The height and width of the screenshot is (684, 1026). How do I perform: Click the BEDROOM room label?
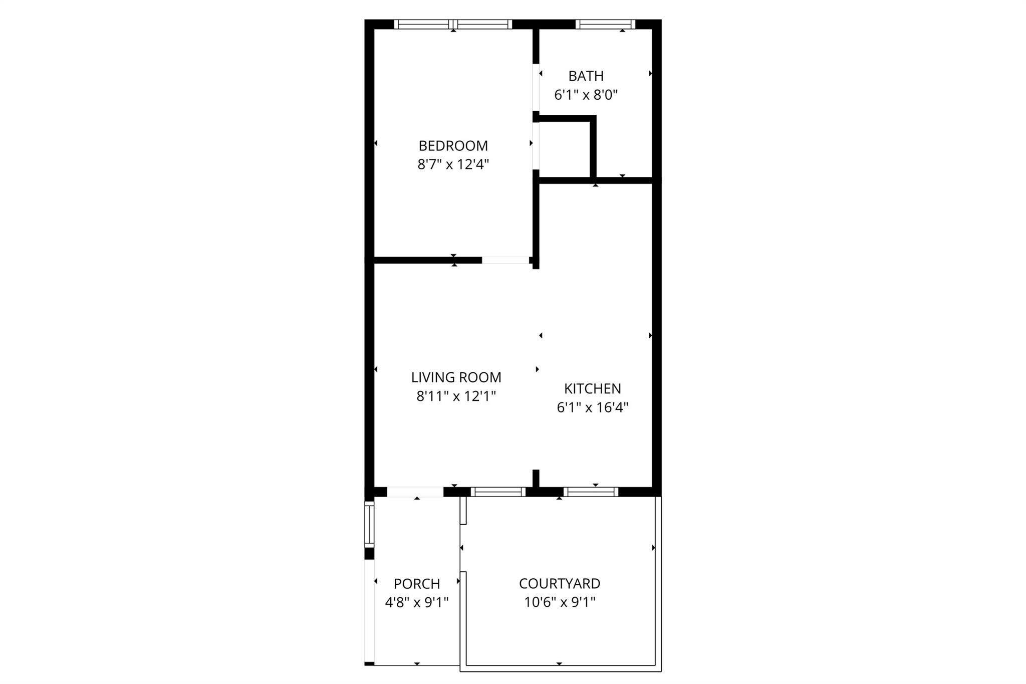coord(453,146)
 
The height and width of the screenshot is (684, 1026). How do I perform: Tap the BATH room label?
coord(586,76)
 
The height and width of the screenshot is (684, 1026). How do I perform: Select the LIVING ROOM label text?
coord(456,377)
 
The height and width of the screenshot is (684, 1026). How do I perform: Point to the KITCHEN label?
coord(592,389)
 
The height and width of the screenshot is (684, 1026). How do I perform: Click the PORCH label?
coord(417,584)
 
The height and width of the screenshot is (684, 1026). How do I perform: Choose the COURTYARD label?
coord(559,583)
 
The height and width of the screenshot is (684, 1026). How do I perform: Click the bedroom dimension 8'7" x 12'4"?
coord(453,164)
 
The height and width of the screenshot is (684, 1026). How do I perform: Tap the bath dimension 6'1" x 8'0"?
coord(586,95)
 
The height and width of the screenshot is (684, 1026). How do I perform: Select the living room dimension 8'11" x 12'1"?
coord(456,396)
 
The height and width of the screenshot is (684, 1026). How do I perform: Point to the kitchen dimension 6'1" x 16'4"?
coord(592,407)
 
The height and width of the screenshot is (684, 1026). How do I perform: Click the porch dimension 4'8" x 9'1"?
coord(417,602)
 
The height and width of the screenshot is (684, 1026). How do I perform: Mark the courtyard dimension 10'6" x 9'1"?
coord(559,602)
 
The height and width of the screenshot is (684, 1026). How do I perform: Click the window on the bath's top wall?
coord(605,24)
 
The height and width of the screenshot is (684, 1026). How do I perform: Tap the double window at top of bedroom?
coord(453,24)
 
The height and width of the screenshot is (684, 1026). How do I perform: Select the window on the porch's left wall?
coord(369,525)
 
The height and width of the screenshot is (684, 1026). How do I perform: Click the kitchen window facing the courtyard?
coord(591,492)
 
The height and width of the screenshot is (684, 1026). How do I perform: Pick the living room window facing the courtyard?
coord(498,492)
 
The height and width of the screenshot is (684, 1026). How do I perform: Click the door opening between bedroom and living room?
coord(505,260)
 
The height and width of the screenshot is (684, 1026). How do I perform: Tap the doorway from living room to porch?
coord(415,492)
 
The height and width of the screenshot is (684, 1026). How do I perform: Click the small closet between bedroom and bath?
coord(565,149)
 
